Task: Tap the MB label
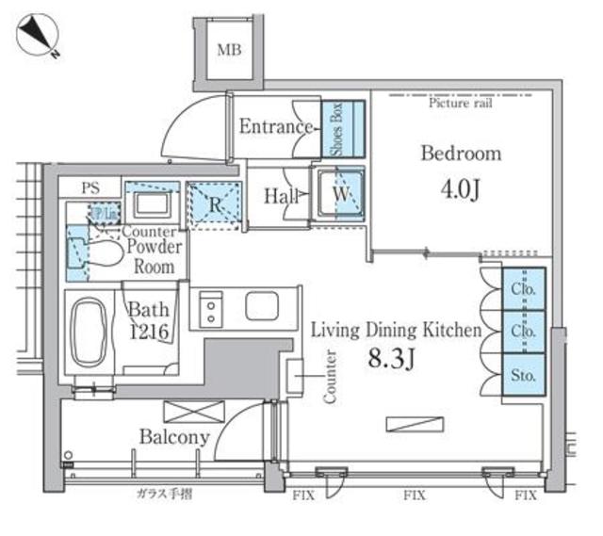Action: coord(229,50)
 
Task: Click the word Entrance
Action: coord(275,127)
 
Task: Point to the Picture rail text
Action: coord(461,103)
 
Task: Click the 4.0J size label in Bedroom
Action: coord(461,189)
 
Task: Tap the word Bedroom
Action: coord(461,154)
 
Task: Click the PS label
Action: coord(90,188)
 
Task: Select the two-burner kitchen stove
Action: coord(208,308)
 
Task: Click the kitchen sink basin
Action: coord(260,305)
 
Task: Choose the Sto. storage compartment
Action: coord(523,375)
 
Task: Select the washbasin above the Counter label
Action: coord(148,204)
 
